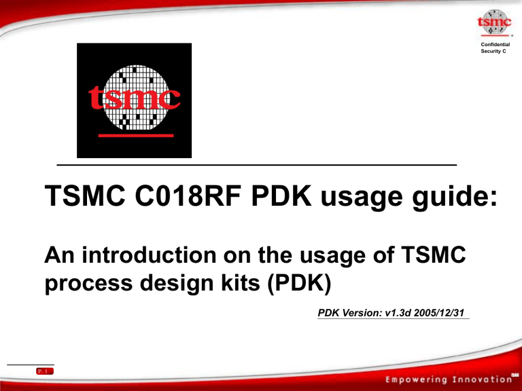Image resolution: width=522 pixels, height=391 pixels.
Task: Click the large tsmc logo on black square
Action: point(134,100)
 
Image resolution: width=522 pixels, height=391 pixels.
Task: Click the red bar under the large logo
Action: point(134,136)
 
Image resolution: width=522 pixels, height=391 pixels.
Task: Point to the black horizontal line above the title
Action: point(257,165)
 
